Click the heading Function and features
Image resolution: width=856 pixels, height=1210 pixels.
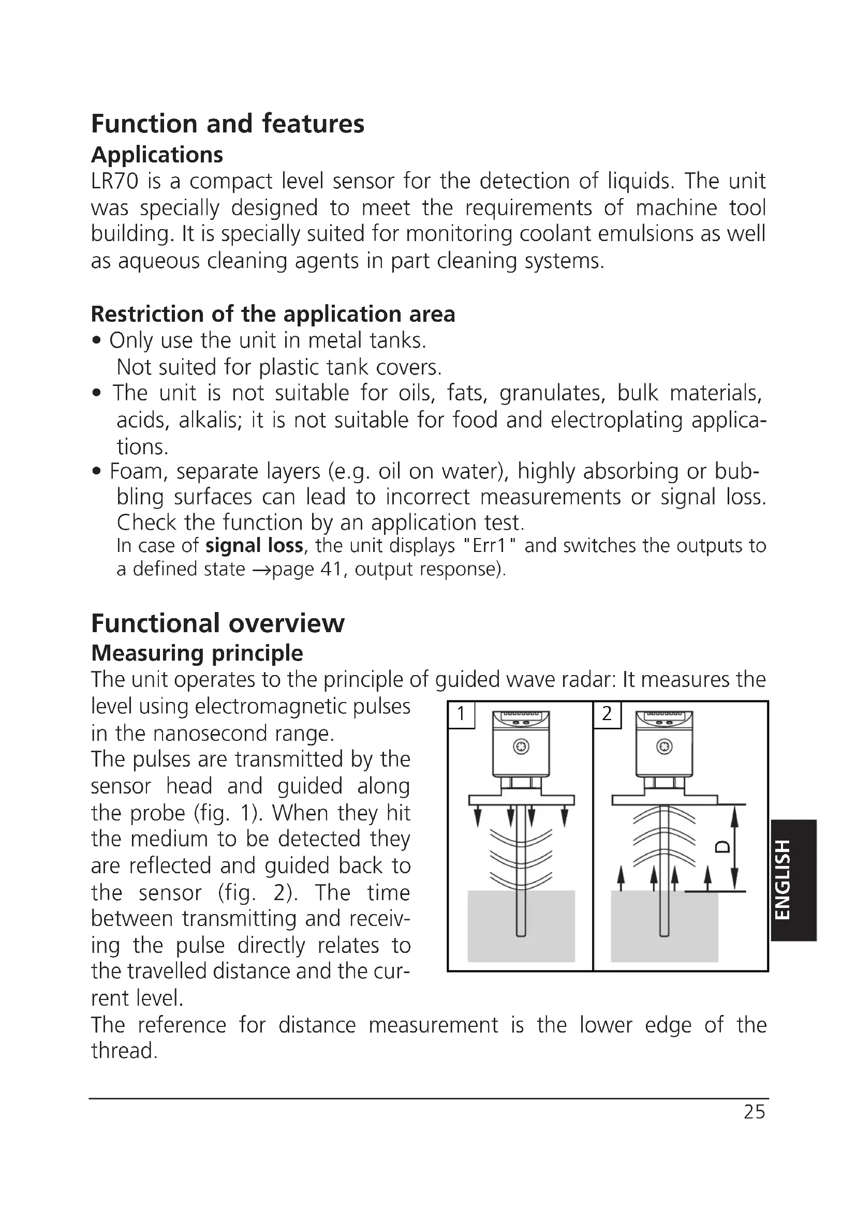coord(227,124)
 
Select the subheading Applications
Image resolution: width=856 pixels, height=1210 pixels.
coord(157,155)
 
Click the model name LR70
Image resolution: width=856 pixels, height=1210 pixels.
coord(114,181)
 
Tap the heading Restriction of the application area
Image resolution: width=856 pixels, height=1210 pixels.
coord(273,314)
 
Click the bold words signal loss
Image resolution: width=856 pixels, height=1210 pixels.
coord(254,545)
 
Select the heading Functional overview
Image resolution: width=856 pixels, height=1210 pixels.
coord(218,623)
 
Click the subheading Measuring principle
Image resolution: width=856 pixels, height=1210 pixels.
coord(197,653)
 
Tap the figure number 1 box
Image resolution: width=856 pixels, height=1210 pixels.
coord(461,714)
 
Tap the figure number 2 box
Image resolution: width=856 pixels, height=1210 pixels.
coord(607,714)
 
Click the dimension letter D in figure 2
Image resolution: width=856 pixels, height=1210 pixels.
coord(722,846)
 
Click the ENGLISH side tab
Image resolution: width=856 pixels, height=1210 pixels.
coord(793,880)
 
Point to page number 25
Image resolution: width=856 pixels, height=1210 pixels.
coord(754,1112)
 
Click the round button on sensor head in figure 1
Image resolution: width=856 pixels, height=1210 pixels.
coord(521,748)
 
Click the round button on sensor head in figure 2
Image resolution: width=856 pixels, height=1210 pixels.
coord(664,748)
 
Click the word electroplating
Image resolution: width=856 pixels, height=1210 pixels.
coord(617,421)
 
